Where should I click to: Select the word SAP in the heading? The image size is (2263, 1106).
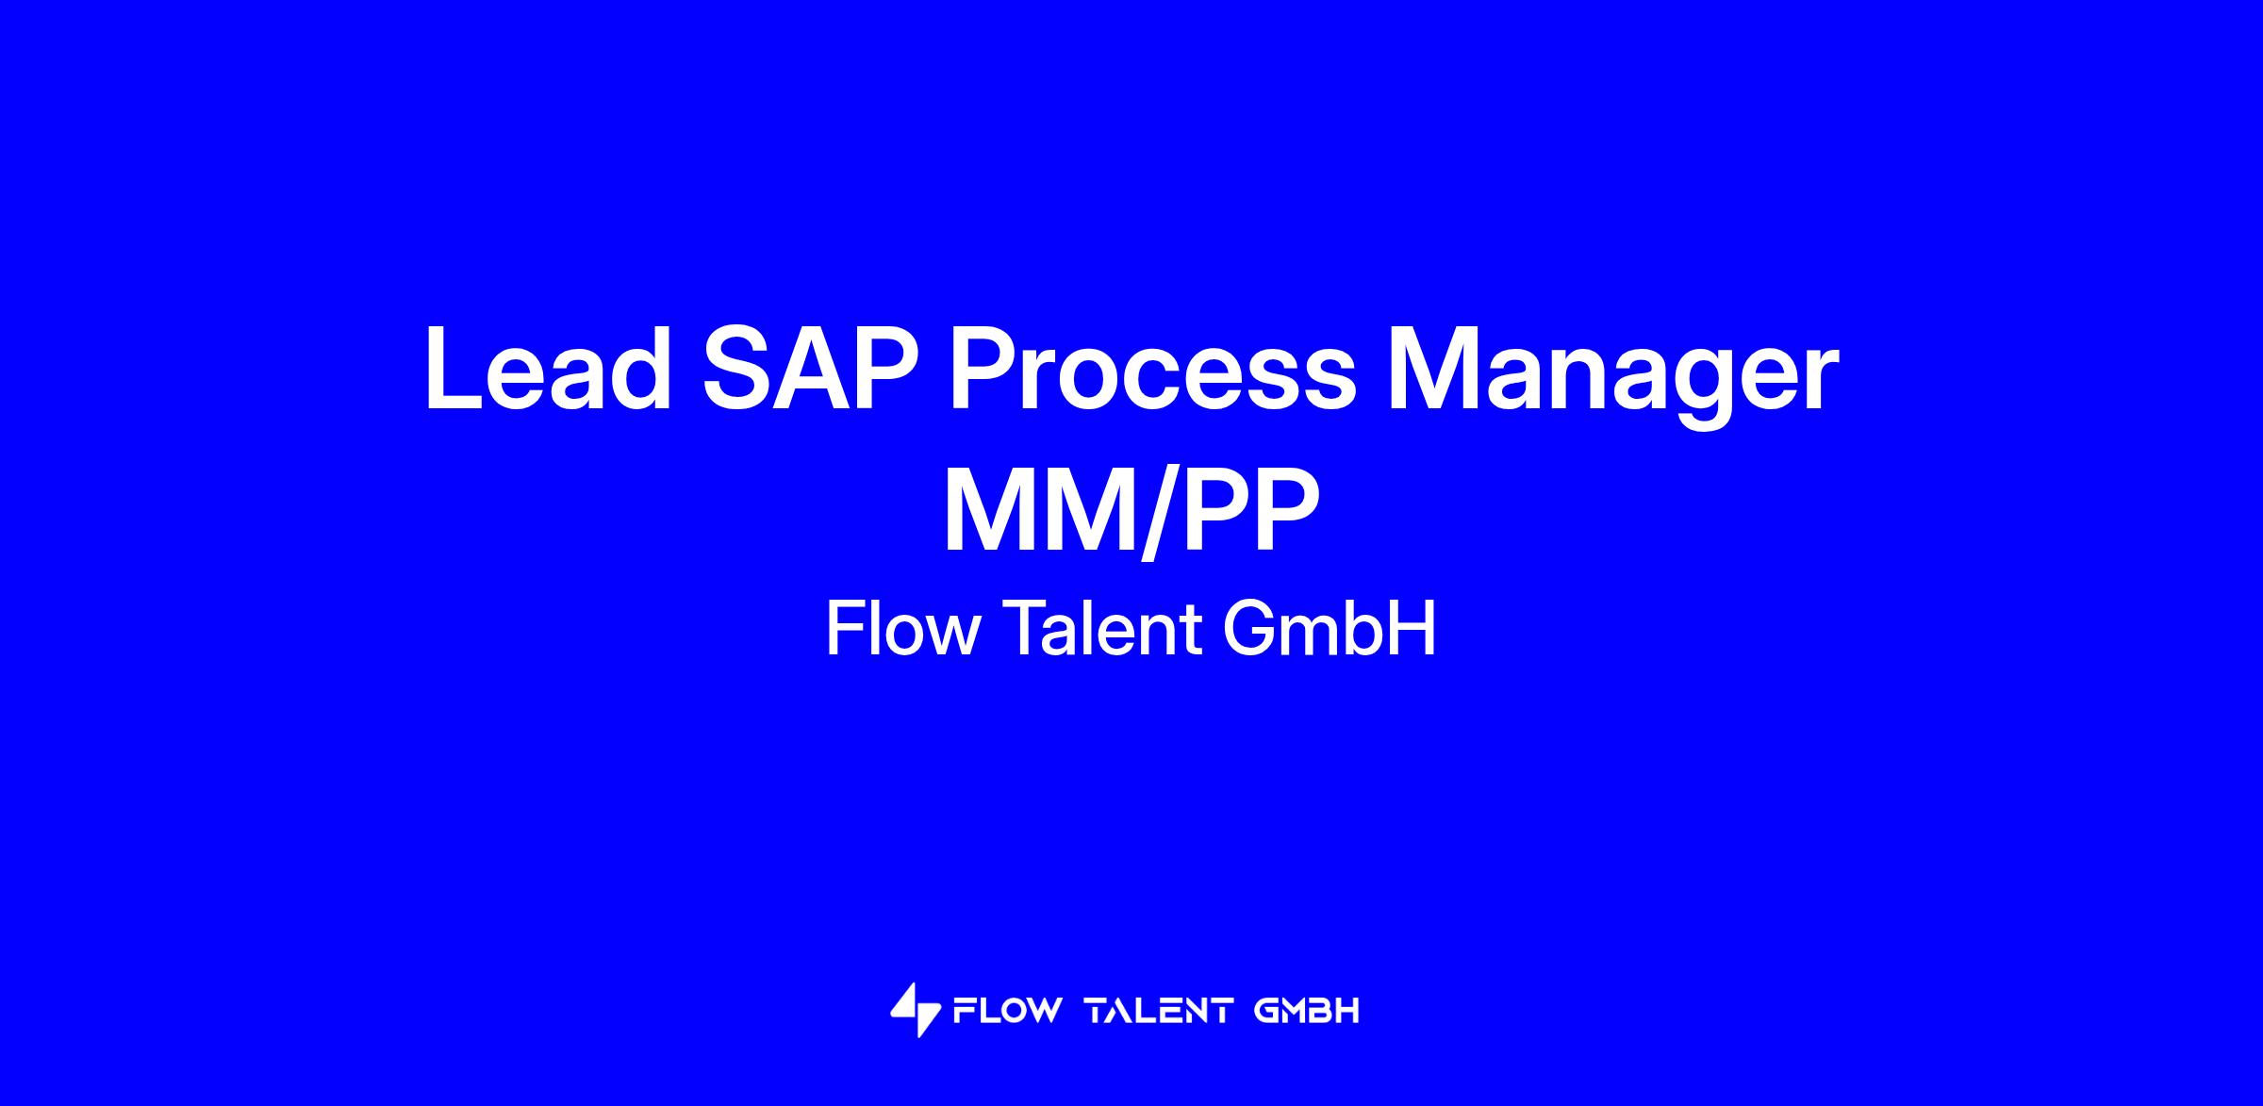(812, 369)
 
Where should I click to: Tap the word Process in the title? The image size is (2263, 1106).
(1152, 369)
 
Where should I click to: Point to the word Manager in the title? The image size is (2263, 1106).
(1611, 377)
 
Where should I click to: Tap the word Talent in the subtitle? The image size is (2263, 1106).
(1102, 628)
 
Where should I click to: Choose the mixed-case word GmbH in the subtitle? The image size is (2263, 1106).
(1330, 628)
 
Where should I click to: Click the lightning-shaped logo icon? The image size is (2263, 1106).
(915, 1011)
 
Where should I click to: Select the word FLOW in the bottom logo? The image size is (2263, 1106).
(1007, 1012)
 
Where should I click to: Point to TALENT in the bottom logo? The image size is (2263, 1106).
(1159, 1012)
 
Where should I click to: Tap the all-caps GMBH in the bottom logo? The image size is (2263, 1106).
(1307, 1012)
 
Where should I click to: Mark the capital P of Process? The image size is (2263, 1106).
(986, 369)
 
